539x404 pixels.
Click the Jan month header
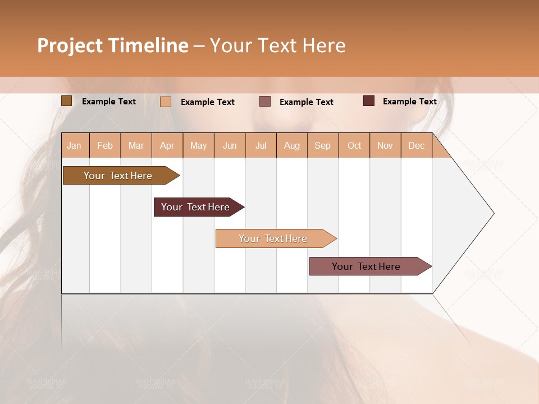(x=75, y=145)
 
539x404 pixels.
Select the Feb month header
(x=105, y=145)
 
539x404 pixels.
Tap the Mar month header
(x=136, y=145)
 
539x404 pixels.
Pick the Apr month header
(x=167, y=145)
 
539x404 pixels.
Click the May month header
(x=198, y=145)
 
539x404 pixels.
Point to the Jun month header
(x=230, y=145)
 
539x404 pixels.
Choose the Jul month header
(x=261, y=145)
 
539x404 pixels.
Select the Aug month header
(x=292, y=145)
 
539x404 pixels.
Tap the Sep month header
(x=323, y=145)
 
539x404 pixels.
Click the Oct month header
(x=354, y=145)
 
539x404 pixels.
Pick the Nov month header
(x=385, y=145)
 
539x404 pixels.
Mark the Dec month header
(x=416, y=145)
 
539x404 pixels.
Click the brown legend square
(x=66, y=101)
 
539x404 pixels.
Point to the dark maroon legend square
(x=369, y=101)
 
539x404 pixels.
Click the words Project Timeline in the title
(x=113, y=45)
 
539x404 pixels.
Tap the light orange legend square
(x=166, y=102)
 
